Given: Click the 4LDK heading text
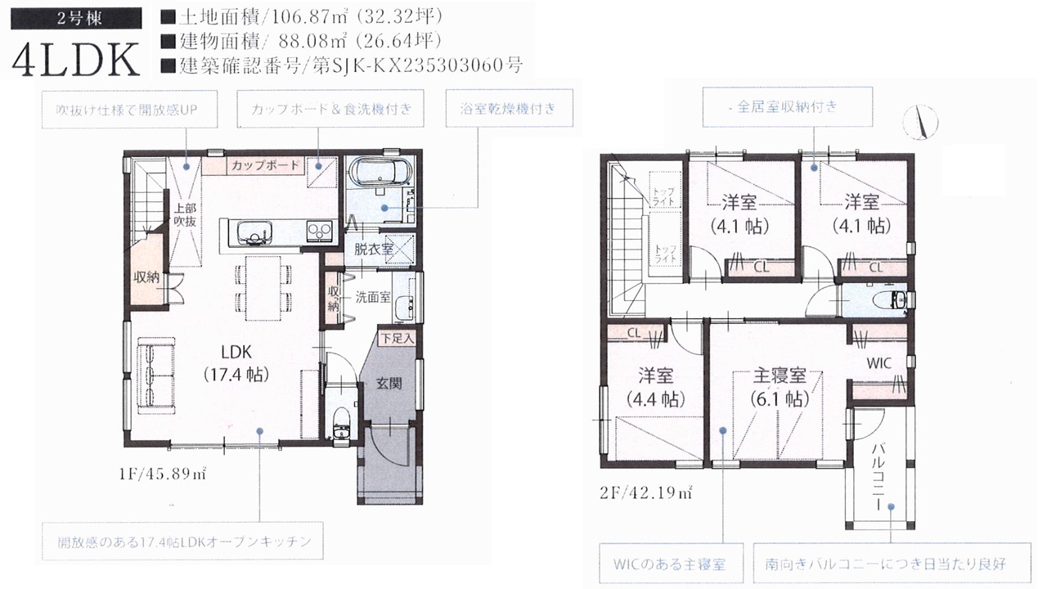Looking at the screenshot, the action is [x=76, y=61].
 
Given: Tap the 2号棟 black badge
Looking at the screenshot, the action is [x=76, y=19].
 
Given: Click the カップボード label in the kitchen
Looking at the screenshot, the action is [x=265, y=165].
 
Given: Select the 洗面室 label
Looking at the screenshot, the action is [x=372, y=297].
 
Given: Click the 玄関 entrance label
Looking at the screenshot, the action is [x=389, y=384].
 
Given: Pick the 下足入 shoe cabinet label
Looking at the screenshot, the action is [x=398, y=339].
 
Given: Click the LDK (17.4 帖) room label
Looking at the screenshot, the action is [x=236, y=363].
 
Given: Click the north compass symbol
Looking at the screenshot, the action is [x=920, y=123].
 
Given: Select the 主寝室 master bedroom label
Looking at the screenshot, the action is [x=780, y=375].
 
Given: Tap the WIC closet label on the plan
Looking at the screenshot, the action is [x=878, y=363].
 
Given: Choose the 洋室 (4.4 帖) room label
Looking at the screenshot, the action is [x=656, y=387].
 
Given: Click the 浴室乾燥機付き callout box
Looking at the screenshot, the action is [x=509, y=109].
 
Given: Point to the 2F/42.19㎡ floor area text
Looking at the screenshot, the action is [x=646, y=493].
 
